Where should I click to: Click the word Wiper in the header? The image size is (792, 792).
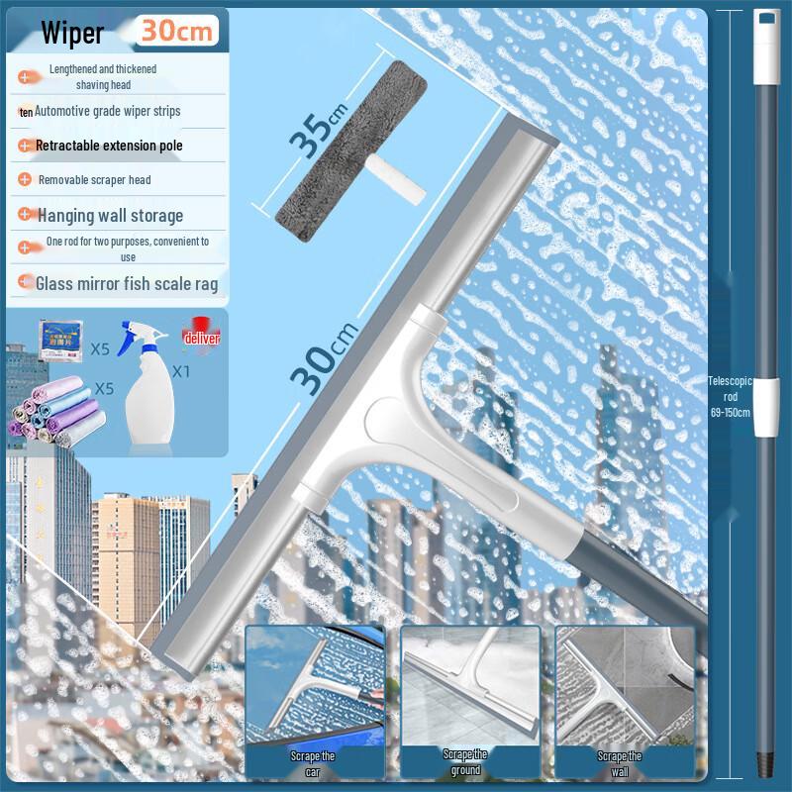click(x=72, y=33)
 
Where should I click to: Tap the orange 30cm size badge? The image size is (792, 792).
click(x=177, y=30)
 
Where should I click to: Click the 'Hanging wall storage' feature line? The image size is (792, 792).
click(x=110, y=215)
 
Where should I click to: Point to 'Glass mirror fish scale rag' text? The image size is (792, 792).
click(x=127, y=284)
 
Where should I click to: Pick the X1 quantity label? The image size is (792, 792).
click(x=180, y=372)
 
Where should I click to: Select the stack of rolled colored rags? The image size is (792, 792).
click(x=54, y=411)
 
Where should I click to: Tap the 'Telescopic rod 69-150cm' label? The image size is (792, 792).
click(x=729, y=396)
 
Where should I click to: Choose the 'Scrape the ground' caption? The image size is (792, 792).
click(x=464, y=761)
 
